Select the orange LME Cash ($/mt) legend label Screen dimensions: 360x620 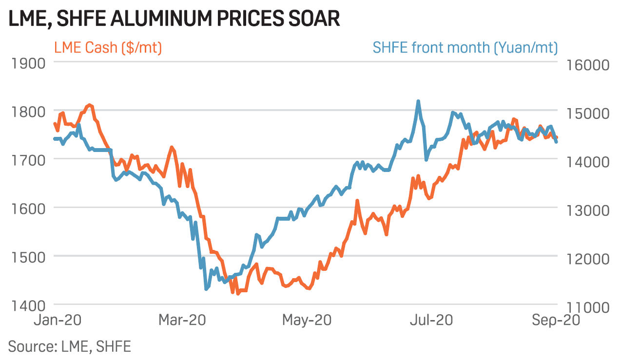click(x=108, y=48)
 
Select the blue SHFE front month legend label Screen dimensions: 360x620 click(x=465, y=48)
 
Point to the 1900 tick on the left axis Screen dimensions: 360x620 click(x=28, y=63)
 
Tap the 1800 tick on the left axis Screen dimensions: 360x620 click(x=28, y=112)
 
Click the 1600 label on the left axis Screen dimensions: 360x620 click(x=28, y=208)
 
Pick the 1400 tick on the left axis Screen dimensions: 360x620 click(x=28, y=305)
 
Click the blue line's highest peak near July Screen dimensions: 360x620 click(x=418, y=101)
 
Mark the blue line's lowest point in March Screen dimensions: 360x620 click(x=206, y=289)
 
